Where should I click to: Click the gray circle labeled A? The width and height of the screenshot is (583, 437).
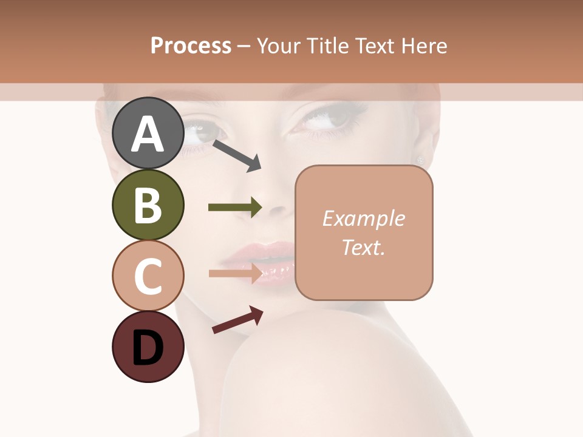pyautogui.click(x=148, y=133)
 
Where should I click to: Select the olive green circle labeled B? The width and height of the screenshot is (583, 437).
pyautogui.click(x=148, y=205)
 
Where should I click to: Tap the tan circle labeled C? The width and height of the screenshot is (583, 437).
pyautogui.click(x=148, y=276)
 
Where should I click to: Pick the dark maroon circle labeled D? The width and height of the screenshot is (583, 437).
pyautogui.click(x=148, y=347)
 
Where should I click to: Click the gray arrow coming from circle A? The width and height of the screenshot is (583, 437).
pyautogui.click(x=237, y=155)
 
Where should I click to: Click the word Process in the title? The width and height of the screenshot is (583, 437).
pyautogui.click(x=191, y=46)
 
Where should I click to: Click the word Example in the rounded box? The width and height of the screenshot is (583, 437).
pyautogui.click(x=363, y=218)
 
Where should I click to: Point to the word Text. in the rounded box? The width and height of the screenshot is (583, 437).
pyautogui.click(x=363, y=247)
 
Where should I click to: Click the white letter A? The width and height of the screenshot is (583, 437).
pyautogui.click(x=148, y=134)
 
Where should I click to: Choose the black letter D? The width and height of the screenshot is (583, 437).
pyautogui.click(x=148, y=348)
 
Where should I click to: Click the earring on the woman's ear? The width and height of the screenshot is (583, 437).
pyautogui.click(x=420, y=160)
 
